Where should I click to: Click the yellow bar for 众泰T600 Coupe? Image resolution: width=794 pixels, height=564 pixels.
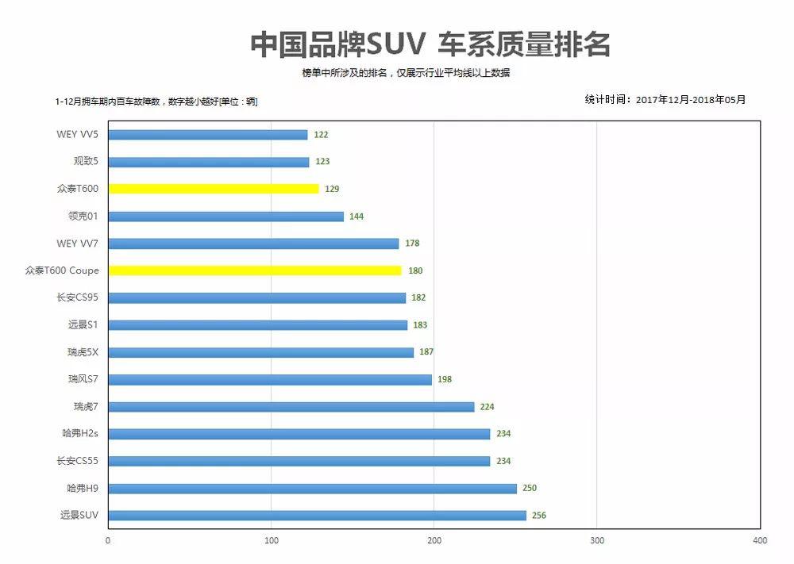[x=255, y=270]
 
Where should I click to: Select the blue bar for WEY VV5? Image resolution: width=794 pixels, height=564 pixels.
[x=207, y=135]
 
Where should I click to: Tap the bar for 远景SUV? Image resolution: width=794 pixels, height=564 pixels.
[x=317, y=516]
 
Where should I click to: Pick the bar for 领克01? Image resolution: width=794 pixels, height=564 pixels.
[x=225, y=217]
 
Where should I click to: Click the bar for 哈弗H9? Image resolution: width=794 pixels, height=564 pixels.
[x=312, y=489]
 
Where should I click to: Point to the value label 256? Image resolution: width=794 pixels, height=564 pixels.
[x=539, y=516]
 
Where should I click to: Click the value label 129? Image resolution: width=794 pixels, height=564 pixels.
[x=332, y=189]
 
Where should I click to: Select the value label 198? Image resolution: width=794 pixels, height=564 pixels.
[x=445, y=379]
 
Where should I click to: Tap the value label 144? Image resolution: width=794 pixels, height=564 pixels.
[x=357, y=217]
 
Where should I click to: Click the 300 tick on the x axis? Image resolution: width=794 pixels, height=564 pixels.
[x=597, y=541]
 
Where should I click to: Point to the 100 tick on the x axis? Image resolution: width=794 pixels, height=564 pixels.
[x=272, y=541]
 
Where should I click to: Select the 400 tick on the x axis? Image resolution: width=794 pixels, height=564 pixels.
[x=760, y=541]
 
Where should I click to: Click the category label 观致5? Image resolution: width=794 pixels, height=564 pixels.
[x=86, y=162]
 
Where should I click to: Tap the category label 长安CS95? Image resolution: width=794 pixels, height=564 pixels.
[x=78, y=297]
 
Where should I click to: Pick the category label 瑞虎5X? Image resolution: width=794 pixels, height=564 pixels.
[x=83, y=352]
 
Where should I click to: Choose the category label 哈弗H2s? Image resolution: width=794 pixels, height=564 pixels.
[x=80, y=434]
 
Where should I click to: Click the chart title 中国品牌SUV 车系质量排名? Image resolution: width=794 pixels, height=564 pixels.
[x=430, y=44]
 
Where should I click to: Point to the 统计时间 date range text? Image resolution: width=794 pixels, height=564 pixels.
[x=665, y=100]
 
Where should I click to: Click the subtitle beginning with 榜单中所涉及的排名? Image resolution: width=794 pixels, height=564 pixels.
[x=406, y=73]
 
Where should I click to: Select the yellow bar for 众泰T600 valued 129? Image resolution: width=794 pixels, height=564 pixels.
[x=213, y=189]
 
